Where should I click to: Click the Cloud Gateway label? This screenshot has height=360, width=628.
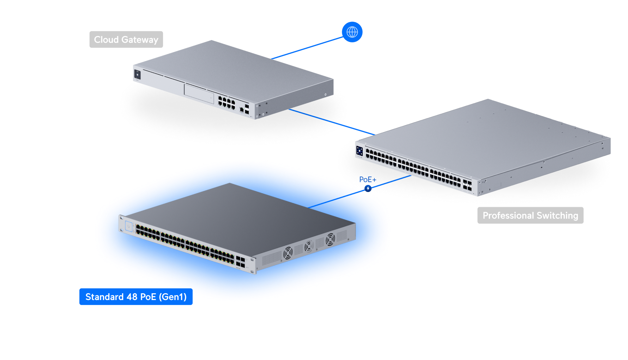click(126, 40)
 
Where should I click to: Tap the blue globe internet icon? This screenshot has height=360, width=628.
click(352, 32)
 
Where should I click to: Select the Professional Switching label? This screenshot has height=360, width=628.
click(530, 215)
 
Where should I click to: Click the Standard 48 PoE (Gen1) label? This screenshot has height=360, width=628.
click(136, 297)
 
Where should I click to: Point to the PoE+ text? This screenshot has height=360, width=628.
click(368, 179)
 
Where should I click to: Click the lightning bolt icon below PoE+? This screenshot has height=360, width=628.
click(368, 188)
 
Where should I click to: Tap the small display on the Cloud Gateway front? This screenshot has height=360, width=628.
click(137, 74)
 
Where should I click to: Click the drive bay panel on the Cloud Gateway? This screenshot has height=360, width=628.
click(199, 93)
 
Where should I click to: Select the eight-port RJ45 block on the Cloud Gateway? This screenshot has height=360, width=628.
click(227, 102)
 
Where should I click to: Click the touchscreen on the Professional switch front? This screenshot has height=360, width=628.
click(360, 151)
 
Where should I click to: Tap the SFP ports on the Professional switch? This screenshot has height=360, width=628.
click(467, 185)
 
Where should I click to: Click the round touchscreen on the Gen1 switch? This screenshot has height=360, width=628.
click(128, 226)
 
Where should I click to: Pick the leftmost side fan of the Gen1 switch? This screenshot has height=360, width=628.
click(288, 253)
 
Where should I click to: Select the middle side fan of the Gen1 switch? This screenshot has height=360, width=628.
click(309, 246)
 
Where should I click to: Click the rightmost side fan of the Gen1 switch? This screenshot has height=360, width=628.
click(330, 239)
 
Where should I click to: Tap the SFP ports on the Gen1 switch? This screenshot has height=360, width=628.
click(240, 262)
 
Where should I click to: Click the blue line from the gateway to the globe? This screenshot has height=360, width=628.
click(307, 48)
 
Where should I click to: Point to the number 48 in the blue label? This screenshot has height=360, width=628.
click(132, 297)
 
